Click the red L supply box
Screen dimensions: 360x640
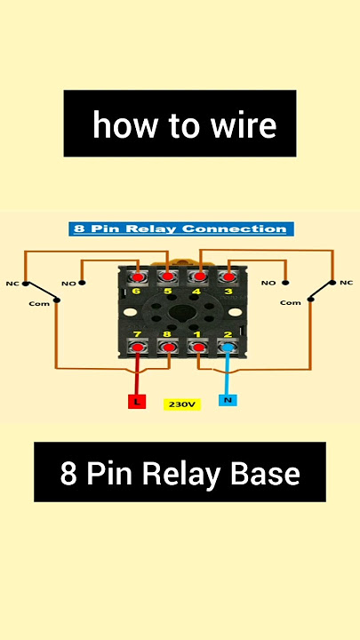[x=137, y=402]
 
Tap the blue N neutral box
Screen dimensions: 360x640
[x=228, y=400]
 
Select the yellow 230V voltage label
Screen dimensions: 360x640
[x=182, y=404]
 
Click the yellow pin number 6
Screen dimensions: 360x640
[x=137, y=292]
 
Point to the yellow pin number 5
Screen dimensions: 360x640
[x=167, y=292]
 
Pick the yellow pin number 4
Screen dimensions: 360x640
[x=196, y=292]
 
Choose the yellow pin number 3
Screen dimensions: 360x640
[x=228, y=292]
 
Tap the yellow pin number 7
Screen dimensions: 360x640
[x=137, y=334]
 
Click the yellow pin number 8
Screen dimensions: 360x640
[x=167, y=334]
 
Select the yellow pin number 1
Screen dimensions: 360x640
[x=197, y=334]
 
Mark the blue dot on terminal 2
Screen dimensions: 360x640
[x=228, y=348]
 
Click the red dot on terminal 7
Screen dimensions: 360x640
[x=138, y=348]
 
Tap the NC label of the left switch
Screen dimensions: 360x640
[x=12, y=284]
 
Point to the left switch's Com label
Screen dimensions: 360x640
[x=39, y=304]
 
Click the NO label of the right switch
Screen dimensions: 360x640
[x=268, y=283]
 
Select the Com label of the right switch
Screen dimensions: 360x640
[x=290, y=303]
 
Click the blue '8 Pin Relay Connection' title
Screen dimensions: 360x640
[x=181, y=228]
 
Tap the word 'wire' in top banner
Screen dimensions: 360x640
[x=244, y=124]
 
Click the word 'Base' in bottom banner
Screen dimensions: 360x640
[x=265, y=474]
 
